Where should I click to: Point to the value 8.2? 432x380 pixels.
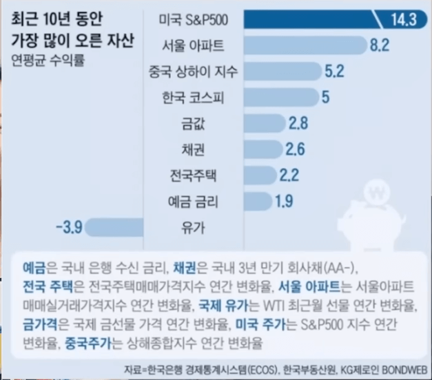(x=380, y=45)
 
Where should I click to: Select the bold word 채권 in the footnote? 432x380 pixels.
(x=185, y=266)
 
